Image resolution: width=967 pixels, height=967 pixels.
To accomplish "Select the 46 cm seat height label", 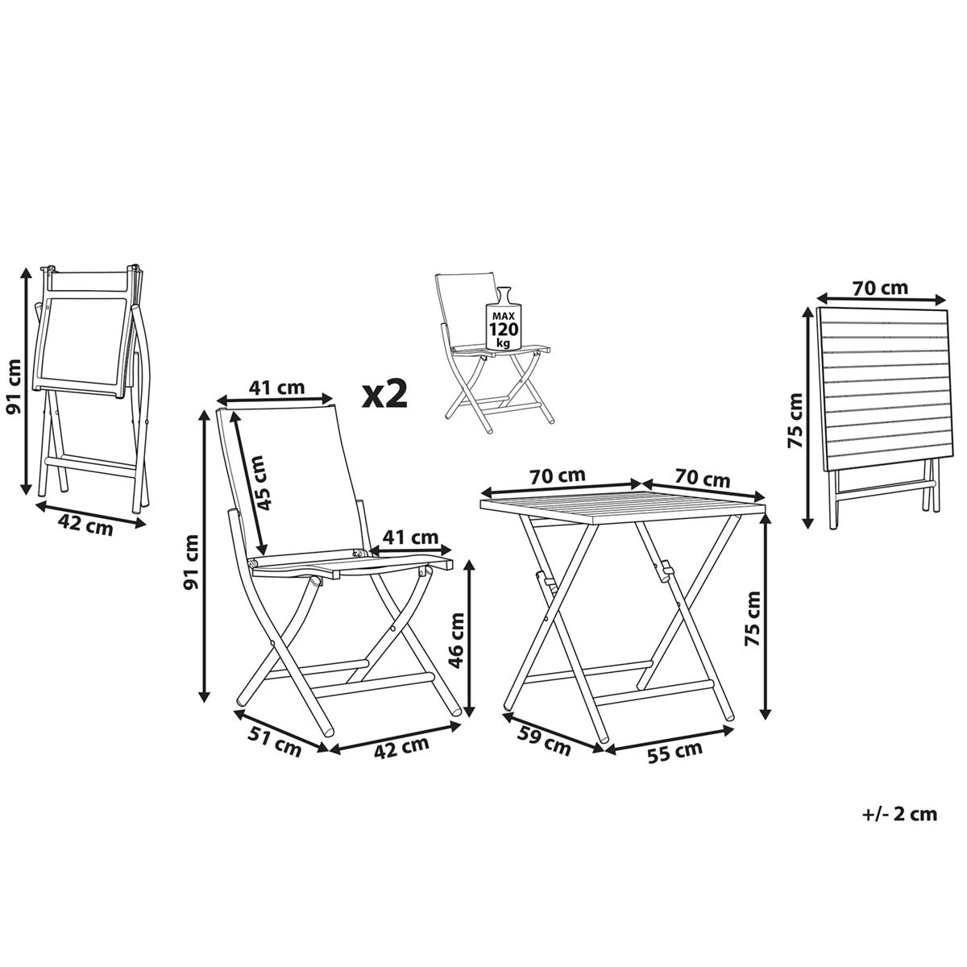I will click(455, 638).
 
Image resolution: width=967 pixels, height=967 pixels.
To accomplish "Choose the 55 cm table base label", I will click(675, 751).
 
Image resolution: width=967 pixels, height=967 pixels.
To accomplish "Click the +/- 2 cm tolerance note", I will click(899, 814).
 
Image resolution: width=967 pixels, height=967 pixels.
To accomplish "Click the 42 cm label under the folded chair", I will click(85, 525).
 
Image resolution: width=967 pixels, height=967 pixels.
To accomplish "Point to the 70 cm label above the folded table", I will click(880, 287).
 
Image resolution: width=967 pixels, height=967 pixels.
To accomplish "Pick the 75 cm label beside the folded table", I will click(795, 421).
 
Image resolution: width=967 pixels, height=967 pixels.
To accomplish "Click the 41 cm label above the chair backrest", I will click(276, 388).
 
